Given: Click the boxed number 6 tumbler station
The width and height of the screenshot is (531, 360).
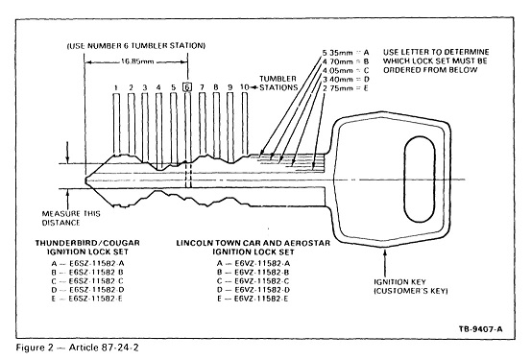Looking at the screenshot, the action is tap(187, 87).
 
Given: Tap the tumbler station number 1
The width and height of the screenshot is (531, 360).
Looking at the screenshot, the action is tap(116, 87).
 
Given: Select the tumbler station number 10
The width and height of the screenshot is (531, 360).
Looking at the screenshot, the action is tap(245, 87).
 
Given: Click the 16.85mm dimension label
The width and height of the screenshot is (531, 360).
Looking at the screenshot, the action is tap(137, 61).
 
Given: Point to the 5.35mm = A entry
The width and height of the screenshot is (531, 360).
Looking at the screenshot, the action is tap(346, 53).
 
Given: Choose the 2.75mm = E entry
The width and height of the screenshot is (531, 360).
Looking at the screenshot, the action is tap(346, 88).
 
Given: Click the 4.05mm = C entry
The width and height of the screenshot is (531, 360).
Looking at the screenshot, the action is tap(346, 70).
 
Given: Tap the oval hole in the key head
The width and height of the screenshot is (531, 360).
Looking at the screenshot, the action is tap(420, 180).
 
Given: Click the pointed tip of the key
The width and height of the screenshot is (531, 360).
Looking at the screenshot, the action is tap(86, 180).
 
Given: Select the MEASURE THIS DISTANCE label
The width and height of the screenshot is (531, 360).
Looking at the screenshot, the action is tap(71, 219).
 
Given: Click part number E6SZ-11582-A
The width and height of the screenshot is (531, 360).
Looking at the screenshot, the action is tap(97, 263).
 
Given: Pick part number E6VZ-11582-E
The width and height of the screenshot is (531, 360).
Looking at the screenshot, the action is tap(262, 299).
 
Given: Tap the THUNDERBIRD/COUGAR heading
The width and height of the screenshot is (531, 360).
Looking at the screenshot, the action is tap(87, 243).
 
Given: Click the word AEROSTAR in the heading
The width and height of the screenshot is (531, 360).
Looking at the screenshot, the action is tap(306, 243).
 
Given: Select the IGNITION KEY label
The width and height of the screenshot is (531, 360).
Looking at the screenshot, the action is tap(400, 282).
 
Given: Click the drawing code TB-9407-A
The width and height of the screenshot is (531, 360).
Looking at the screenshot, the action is tap(481, 329).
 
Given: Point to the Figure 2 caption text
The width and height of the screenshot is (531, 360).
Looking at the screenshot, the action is tap(77, 348).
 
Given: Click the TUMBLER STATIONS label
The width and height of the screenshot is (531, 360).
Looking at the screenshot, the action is tap(278, 83).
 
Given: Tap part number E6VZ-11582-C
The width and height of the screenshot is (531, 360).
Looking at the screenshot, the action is tap(262, 281).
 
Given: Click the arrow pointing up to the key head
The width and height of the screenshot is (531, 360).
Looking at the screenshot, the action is tap(385, 263).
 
